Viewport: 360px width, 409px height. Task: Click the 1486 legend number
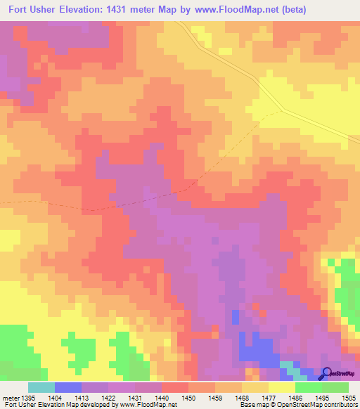tap(295, 396)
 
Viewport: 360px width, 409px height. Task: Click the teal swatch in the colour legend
tap(41, 387)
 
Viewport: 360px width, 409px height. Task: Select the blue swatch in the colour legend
tap(67, 387)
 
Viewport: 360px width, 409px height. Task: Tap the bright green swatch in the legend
tap(308, 387)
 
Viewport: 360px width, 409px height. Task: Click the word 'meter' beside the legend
tap(11, 396)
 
